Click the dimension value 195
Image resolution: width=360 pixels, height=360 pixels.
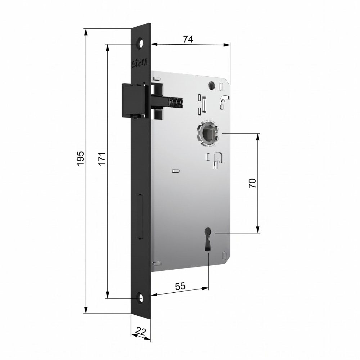pyautogui.click(x=80, y=158)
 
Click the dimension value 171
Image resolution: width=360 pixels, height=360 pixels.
pyautogui.click(x=102, y=158)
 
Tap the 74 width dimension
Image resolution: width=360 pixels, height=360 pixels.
pyautogui.click(x=188, y=39)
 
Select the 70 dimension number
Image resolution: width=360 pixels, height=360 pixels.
pyautogui.click(x=252, y=183)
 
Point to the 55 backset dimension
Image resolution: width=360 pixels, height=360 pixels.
pyautogui.click(x=180, y=286)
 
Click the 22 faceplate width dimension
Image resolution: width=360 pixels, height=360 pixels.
pyautogui.click(x=140, y=331)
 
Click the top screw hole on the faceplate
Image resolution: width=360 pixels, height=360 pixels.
pyautogui.click(x=140, y=44)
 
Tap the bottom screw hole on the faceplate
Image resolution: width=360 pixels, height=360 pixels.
pyautogui.click(x=140, y=298)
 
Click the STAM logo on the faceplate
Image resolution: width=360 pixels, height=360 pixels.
pyautogui.click(x=140, y=64)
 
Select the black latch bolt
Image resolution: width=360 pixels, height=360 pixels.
pyautogui.click(x=133, y=100)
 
